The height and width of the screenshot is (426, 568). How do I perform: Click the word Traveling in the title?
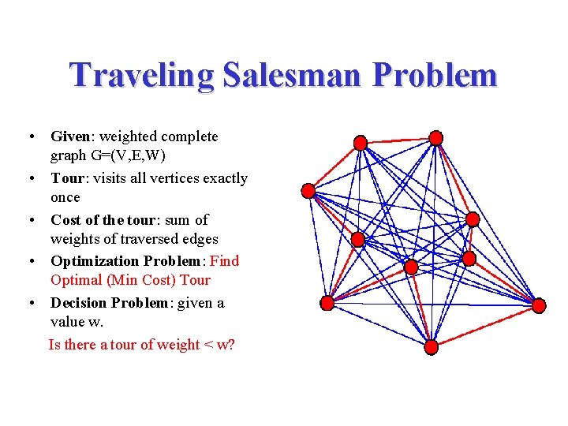141,76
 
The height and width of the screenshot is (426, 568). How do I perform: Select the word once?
65,197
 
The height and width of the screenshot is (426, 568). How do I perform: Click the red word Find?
225,260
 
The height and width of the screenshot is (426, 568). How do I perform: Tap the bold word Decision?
79,303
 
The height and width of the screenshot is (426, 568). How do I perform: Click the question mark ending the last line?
230,345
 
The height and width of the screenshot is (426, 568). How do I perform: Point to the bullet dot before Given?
29,136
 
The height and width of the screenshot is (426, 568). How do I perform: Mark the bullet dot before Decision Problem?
29,303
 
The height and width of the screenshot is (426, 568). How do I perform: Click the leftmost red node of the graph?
308,190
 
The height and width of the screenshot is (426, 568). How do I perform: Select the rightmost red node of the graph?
539,305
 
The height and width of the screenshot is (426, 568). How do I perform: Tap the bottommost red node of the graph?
431,346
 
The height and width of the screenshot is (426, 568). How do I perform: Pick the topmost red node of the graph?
435,138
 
